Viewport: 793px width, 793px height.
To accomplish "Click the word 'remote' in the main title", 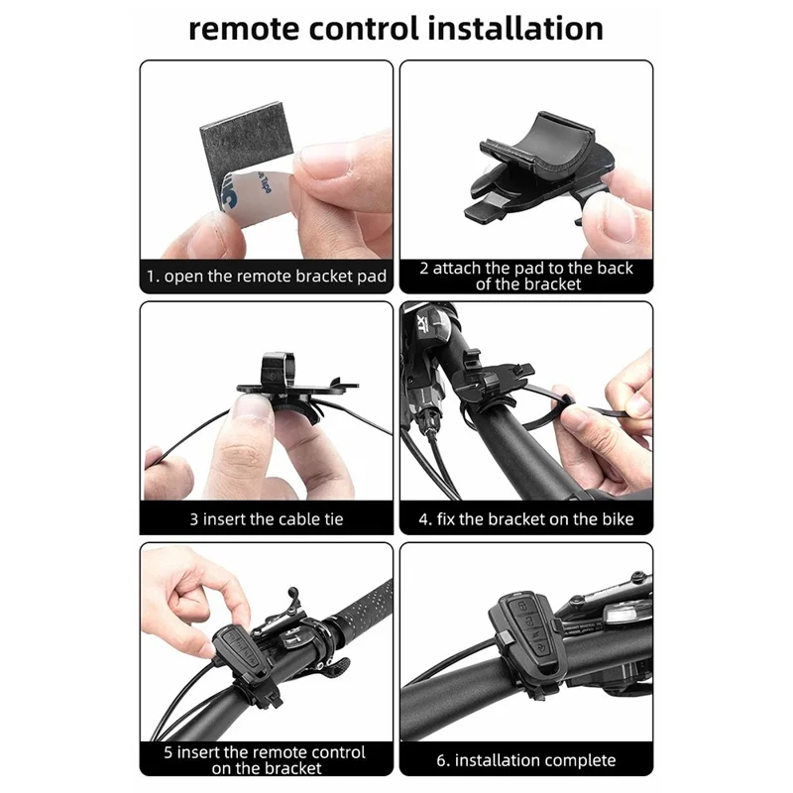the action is pos(244,29).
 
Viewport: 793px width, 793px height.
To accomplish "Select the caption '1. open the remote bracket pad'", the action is pos(267,277).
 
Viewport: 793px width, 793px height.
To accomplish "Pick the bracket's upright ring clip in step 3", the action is pos(278,368).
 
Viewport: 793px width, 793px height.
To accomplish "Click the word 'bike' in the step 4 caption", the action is pos(617,518).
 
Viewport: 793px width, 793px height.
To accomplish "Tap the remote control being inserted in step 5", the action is pos(240,651).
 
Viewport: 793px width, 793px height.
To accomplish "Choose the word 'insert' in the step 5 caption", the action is pos(197,752).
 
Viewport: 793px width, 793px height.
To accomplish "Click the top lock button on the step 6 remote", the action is pos(522,607).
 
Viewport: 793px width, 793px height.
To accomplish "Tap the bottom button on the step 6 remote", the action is pos(541,648).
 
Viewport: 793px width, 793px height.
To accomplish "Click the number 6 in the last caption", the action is pos(440,760).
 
